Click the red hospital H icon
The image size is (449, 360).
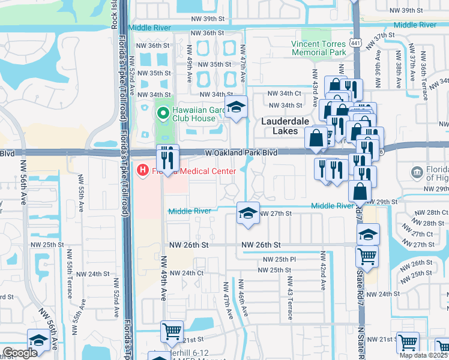(x=142, y=170)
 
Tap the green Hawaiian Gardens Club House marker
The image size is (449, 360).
(x=161, y=112)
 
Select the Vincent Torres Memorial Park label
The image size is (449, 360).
(x=319, y=48)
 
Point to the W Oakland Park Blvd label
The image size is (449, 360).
(x=241, y=153)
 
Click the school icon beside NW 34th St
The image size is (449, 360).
(x=237, y=107)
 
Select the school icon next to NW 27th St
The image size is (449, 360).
(x=247, y=212)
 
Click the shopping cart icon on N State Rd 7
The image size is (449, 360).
(x=367, y=257)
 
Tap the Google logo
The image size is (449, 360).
(x=19, y=353)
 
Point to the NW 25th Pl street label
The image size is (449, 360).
(x=277, y=259)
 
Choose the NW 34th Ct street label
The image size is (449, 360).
(x=284, y=94)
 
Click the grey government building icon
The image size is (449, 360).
(x=418, y=173)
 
